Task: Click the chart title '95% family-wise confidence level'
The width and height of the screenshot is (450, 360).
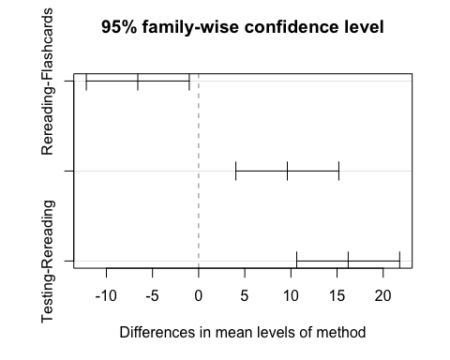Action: (x=243, y=27)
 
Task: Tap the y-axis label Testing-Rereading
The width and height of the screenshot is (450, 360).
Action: (x=48, y=261)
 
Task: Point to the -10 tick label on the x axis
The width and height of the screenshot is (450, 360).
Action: (x=106, y=297)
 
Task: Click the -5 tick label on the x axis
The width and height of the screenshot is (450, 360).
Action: (x=152, y=297)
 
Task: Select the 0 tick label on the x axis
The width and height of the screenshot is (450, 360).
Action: (x=198, y=297)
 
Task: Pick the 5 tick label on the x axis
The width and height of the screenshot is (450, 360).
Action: (x=244, y=297)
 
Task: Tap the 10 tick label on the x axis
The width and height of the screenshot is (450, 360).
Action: (x=291, y=297)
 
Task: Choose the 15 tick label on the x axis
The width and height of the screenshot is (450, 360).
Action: (x=337, y=297)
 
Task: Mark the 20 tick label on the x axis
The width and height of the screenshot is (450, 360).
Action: (x=382, y=297)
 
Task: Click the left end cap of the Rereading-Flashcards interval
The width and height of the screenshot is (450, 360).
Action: (x=86, y=82)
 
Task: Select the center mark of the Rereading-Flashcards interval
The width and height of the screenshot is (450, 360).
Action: (x=138, y=82)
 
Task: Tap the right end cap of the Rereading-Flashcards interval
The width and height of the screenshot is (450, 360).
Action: (x=189, y=82)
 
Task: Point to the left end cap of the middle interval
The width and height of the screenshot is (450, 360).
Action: (x=235, y=171)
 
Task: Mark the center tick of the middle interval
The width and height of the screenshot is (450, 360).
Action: (x=287, y=171)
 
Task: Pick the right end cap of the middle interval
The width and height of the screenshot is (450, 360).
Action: (x=338, y=171)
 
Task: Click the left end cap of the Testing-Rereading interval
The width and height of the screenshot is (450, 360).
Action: (x=296, y=260)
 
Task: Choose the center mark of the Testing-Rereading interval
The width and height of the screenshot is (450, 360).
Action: (x=348, y=260)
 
